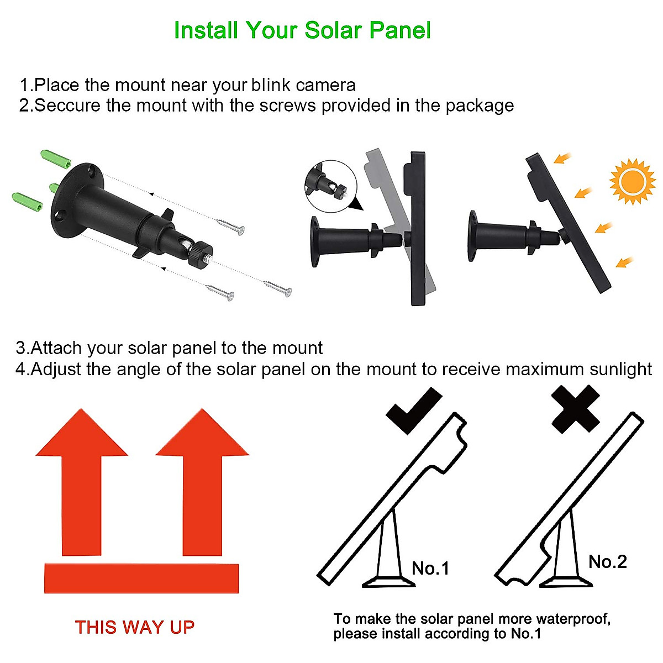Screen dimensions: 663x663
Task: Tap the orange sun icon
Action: click(632, 181)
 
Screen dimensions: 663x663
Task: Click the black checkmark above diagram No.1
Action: click(414, 410)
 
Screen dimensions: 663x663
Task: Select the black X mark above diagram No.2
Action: click(576, 409)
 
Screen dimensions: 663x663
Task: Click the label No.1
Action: click(430, 568)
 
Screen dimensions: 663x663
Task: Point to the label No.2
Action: click(607, 562)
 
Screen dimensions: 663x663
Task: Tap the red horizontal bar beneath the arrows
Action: click(141, 578)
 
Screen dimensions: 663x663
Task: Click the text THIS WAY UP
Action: click(135, 627)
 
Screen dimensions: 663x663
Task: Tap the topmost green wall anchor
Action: click(56, 159)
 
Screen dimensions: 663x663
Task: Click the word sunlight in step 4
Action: click(620, 369)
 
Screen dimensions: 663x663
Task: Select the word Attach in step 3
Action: click(57, 348)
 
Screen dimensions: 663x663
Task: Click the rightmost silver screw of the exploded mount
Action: click(278, 288)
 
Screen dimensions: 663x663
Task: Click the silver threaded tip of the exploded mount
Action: click(207, 257)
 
